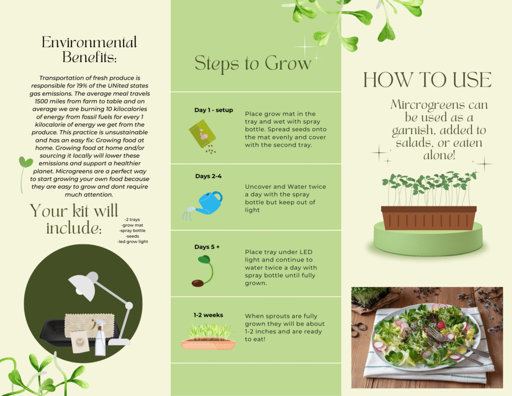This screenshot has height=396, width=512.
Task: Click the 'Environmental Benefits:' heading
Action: click(89, 50)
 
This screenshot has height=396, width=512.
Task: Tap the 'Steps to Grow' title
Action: click(252, 63)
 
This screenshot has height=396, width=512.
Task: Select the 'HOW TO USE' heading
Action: click(427, 80)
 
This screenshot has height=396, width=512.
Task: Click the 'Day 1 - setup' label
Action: click(213, 110)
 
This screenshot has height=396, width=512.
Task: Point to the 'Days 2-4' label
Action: click(208, 176)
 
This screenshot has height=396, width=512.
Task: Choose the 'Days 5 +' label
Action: click(207, 246)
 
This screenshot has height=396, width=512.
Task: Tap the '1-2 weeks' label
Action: click(208, 315)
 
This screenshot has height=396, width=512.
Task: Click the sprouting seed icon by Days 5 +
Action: click(202, 271)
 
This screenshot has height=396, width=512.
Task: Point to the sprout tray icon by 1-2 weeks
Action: click(208, 336)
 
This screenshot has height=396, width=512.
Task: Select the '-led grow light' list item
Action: click(132, 242)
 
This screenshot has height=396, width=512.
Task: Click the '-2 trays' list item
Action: click(132, 219)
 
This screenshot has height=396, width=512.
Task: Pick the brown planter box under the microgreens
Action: click(428, 218)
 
